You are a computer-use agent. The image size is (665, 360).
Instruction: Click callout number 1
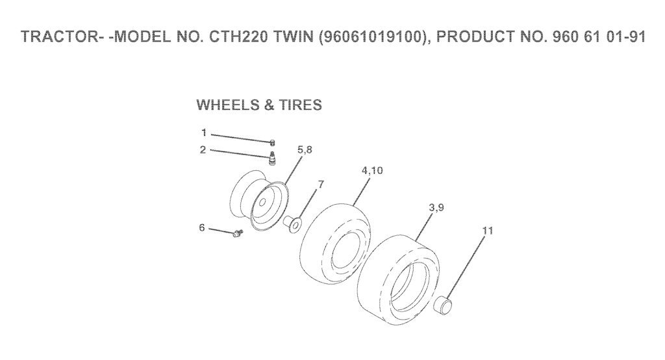204,133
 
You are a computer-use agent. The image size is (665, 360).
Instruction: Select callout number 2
203,150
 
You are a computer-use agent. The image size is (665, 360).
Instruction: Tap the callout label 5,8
305,149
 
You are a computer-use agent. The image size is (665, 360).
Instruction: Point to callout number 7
321,185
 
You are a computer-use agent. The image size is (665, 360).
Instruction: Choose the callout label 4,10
372,170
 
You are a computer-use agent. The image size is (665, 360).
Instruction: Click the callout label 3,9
436,207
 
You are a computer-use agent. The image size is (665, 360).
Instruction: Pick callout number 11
488,231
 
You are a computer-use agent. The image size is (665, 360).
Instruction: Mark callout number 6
202,228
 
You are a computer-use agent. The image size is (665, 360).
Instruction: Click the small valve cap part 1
273,142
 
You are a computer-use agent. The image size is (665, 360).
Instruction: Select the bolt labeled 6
238,233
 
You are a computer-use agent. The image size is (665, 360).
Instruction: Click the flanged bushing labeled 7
292,223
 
